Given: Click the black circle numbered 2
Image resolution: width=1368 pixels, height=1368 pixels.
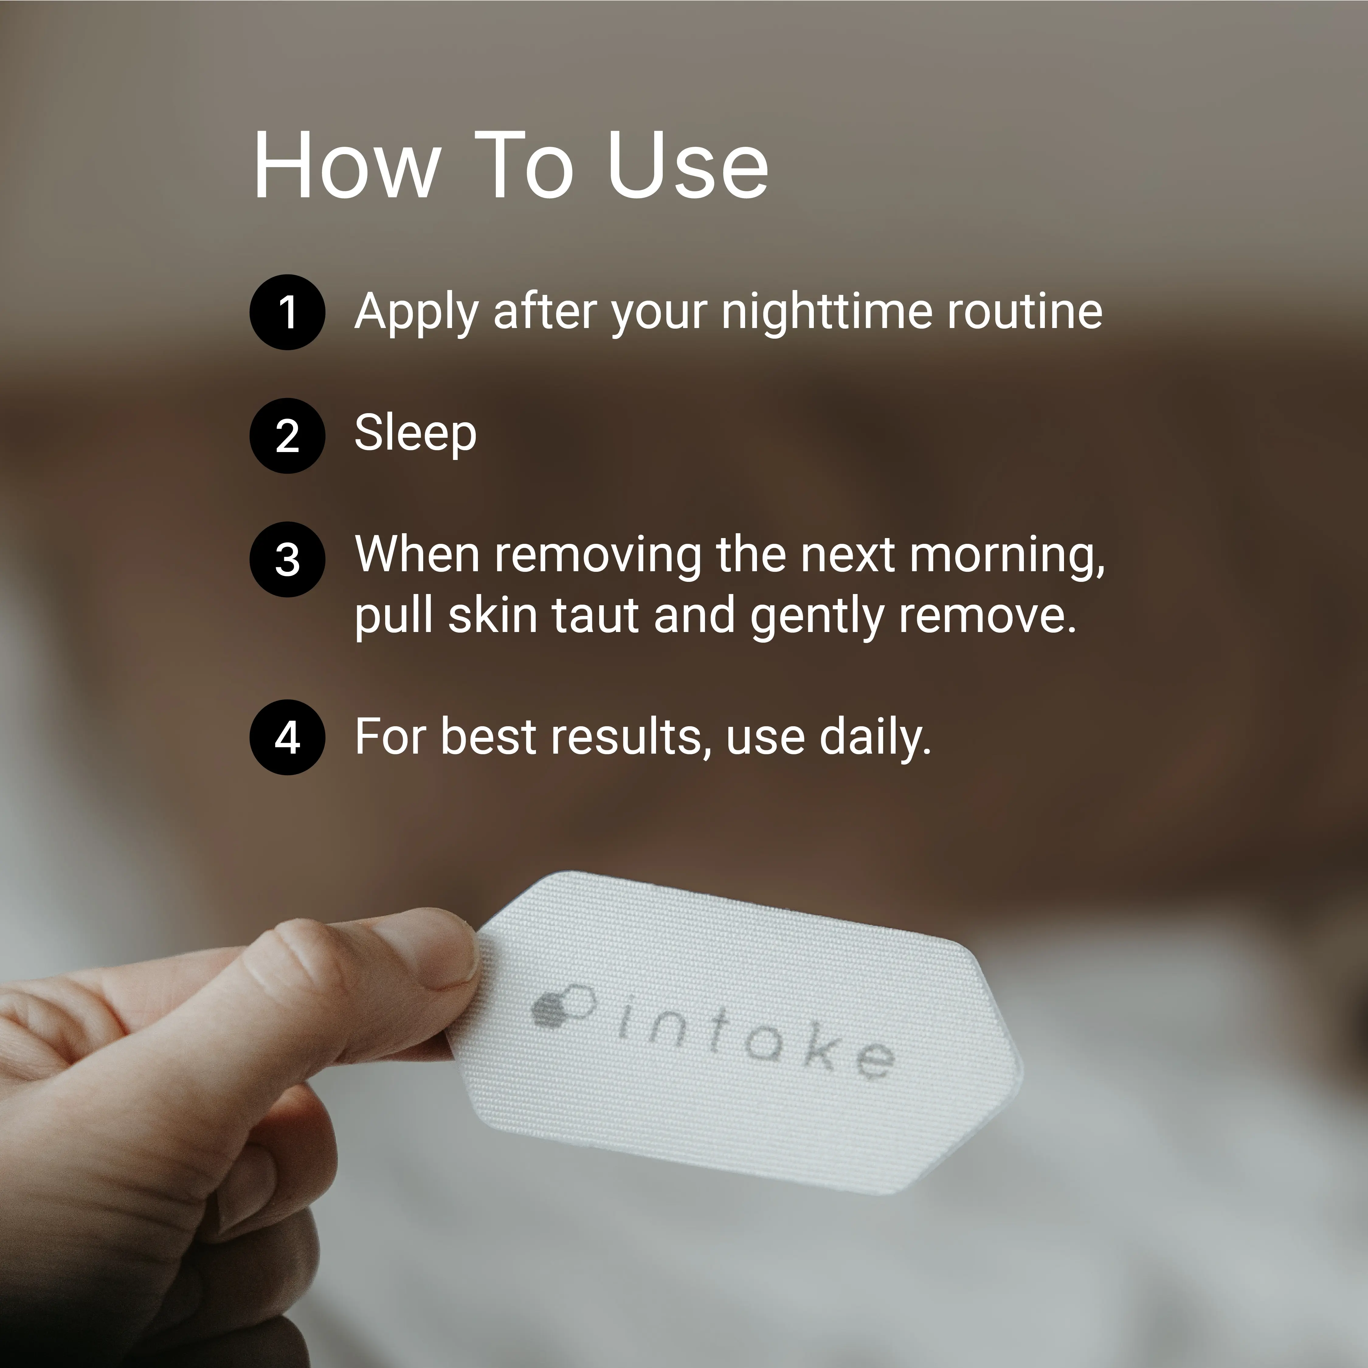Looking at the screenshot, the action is (x=288, y=435).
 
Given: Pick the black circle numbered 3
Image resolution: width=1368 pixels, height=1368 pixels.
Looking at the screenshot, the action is (x=288, y=559).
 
